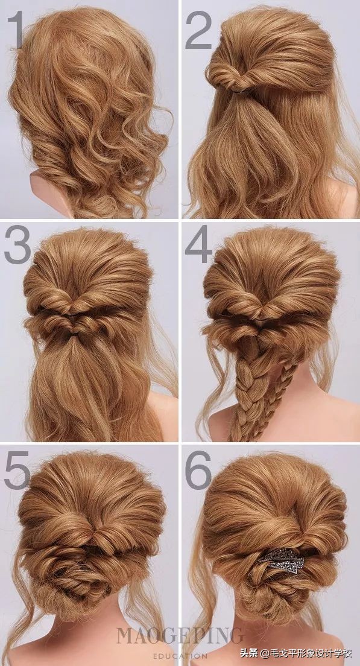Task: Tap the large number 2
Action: coord(198,30)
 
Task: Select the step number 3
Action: coord(17,244)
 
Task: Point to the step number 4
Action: coord(198,244)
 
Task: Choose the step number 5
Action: coord(17,470)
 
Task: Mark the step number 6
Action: coord(198,470)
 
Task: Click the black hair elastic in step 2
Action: coord(240,91)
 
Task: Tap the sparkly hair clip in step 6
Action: coord(282,560)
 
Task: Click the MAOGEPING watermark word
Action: coord(180,636)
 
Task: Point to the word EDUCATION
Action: coord(180,656)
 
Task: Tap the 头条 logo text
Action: coord(247,652)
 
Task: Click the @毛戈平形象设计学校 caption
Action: coord(306,652)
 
